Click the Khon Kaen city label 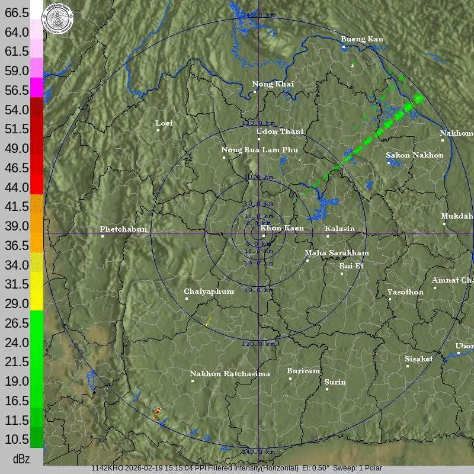[x=282, y=228]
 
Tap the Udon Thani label [x=280, y=132]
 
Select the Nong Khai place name [x=273, y=84]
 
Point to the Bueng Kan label [x=362, y=39]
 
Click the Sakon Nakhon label [x=415, y=155]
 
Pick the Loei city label [x=164, y=123]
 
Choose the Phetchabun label [x=123, y=229]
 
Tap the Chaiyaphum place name [x=209, y=292]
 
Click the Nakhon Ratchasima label [x=230, y=374]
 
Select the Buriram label [x=303, y=371]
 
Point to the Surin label [x=335, y=382]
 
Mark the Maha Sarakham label [x=337, y=253]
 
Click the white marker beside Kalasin [x=328, y=236]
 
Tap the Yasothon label [x=405, y=292]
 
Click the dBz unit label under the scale [x=21, y=459]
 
